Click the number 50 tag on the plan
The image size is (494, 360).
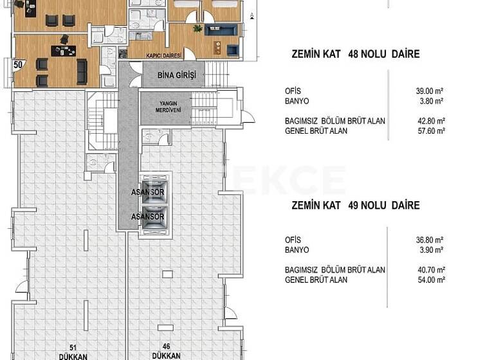click(18, 64)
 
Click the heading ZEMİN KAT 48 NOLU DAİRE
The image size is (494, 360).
click(355, 55)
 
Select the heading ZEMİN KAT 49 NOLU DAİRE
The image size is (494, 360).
click(355, 206)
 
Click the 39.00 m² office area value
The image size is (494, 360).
click(430, 91)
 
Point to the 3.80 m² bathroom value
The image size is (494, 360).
click(432, 101)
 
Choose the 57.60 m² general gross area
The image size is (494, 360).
click(430, 130)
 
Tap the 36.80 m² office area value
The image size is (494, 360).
click(430, 240)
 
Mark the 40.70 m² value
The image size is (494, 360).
click(430, 270)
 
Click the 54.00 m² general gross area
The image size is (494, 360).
click(430, 280)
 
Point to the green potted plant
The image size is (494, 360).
click(197, 28)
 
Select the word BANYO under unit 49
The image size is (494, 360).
click(297, 250)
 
